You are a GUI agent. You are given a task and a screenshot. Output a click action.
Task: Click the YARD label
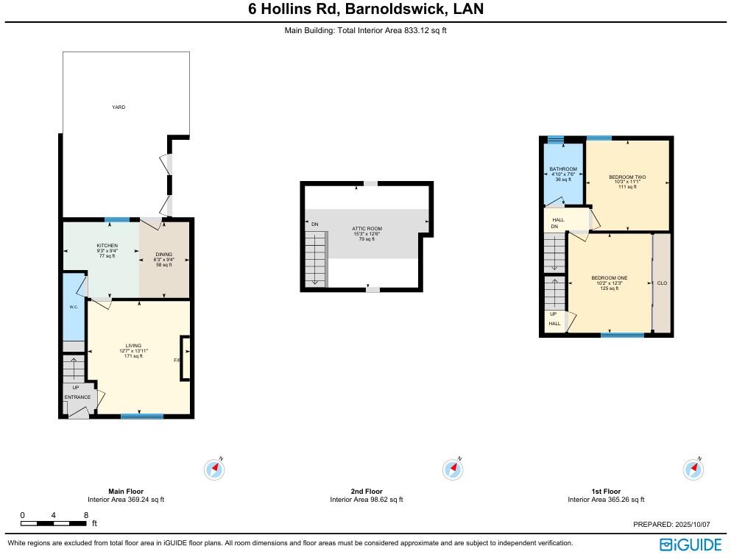119,107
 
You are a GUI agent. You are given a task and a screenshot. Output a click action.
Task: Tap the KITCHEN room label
107,246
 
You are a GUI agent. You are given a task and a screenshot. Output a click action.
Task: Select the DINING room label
163,255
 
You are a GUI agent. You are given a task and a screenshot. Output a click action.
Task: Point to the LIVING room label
133,346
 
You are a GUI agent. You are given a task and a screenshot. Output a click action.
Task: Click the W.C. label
74,307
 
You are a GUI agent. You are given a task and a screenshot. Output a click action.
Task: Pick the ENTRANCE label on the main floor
77,397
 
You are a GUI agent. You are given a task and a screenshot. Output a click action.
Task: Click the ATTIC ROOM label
367,229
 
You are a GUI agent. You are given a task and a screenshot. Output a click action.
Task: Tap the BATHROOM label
563,169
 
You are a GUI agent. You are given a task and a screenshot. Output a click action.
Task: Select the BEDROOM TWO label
627,177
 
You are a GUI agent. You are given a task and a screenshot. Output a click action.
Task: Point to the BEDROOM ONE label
610,278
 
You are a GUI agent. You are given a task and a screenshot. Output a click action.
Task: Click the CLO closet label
662,283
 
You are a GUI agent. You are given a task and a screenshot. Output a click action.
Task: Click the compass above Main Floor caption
214,469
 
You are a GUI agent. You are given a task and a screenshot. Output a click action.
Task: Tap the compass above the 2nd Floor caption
453,469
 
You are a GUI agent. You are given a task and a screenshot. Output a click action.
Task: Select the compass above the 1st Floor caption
693,469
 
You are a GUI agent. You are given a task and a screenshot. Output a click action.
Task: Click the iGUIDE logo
691,545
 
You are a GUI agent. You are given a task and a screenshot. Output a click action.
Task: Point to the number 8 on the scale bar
86,515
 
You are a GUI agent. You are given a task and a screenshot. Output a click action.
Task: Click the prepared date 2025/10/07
692,525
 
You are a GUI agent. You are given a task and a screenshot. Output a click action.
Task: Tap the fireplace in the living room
186,358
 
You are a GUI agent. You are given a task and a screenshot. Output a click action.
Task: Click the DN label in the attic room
314,224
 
